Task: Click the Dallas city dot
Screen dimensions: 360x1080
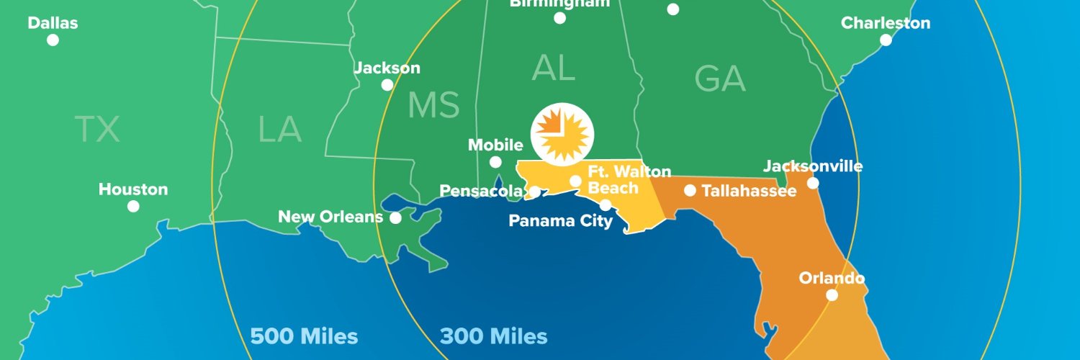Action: coord(53,40)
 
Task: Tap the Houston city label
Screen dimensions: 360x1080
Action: coord(133,189)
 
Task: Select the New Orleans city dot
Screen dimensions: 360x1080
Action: coord(395,217)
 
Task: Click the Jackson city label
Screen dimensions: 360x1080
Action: coord(387,68)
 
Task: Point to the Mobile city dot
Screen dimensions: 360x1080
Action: coord(495,162)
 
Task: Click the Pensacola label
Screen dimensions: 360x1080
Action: coord(480,191)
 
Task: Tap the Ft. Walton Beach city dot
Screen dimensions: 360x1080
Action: coord(576,181)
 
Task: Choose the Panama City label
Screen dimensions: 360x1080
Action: coord(560,220)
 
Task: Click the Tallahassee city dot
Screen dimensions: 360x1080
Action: coord(690,190)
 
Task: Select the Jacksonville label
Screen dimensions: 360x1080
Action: coord(812,166)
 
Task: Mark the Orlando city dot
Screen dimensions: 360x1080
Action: coord(832,294)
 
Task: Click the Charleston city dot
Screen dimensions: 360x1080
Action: coord(886,40)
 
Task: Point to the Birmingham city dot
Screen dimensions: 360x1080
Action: coord(559,18)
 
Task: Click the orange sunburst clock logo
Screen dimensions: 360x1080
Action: coord(562,134)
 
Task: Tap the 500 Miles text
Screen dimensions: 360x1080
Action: coord(304,336)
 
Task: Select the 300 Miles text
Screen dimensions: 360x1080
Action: coord(493,336)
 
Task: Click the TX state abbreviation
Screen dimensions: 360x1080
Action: coord(97,130)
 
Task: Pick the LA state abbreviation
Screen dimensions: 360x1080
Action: coord(279,130)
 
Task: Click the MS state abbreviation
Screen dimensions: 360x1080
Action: coord(433,105)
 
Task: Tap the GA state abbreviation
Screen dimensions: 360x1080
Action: coord(719,78)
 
